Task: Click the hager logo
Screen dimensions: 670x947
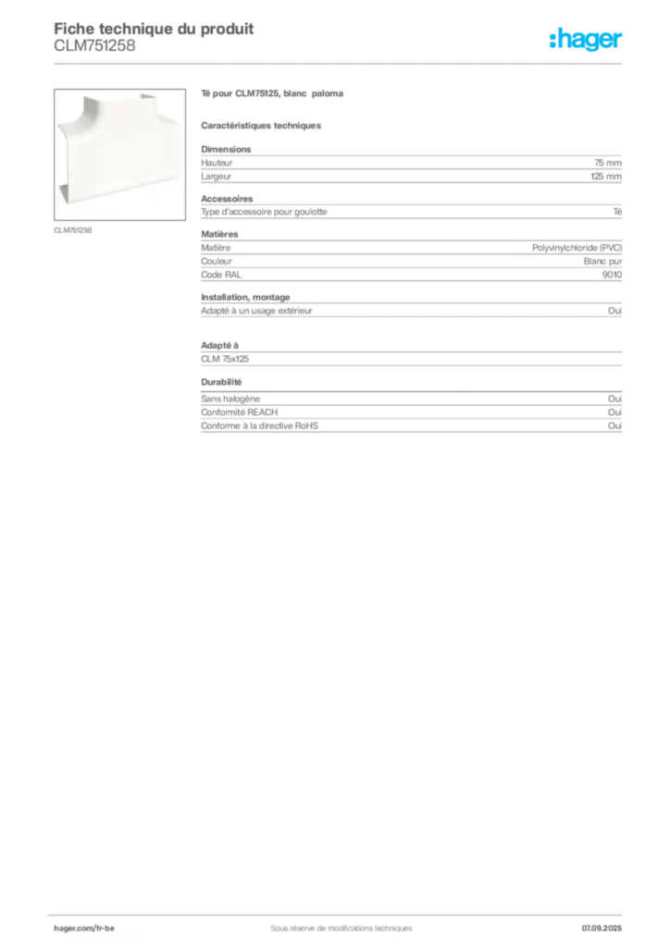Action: pyautogui.click(x=586, y=39)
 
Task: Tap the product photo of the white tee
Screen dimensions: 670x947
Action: pyautogui.click(x=119, y=154)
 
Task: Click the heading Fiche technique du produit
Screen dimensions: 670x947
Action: pyautogui.click(x=154, y=29)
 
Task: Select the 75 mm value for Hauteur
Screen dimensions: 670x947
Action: pyautogui.click(x=608, y=163)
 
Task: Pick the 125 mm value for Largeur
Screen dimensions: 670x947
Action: pyautogui.click(x=606, y=177)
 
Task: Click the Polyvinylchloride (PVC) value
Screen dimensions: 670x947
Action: pyautogui.click(x=577, y=248)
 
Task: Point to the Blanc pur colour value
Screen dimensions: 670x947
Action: pyautogui.click(x=602, y=261)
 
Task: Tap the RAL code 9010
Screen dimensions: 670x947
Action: pyautogui.click(x=612, y=275)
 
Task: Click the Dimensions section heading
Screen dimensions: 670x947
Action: pyautogui.click(x=226, y=149)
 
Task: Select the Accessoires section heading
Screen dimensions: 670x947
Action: pyautogui.click(x=227, y=199)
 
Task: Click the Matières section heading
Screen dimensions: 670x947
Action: pyautogui.click(x=219, y=234)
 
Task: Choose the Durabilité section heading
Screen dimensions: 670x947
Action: pyautogui.click(x=221, y=382)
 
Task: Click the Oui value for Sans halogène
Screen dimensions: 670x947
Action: pyautogui.click(x=614, y=399)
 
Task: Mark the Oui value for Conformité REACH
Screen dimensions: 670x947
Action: pyautogui.click(x=614, y=412)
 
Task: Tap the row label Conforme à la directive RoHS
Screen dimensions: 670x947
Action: pyautogui.click(x=260, y=425)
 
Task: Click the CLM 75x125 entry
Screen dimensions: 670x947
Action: pyautogui.click(x=225, y=359)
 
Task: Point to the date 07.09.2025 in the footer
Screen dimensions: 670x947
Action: pyautogui.click(x=602, y=929)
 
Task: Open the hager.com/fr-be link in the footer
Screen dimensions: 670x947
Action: pyautogui.click(x=84, y=929)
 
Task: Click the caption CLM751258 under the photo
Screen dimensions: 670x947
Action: pyautogui.click(x=72, y=230)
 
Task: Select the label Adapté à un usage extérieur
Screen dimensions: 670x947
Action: pyautogui.click(x=256, y=311)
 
